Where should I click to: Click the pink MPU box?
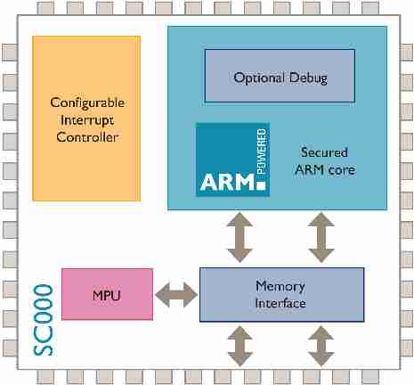point(107,293)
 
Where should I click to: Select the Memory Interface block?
point(280,295)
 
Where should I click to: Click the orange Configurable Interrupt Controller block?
point(86,118)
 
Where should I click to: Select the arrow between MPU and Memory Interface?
point(175,293)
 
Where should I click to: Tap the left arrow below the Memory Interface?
point(239,346)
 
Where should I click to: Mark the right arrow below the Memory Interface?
point(320,346)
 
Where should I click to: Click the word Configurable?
point(87,102)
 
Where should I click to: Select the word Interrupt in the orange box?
point(87,119)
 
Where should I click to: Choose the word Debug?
point(308,78)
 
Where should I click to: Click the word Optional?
point(259,78)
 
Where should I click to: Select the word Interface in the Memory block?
point(280,304)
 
